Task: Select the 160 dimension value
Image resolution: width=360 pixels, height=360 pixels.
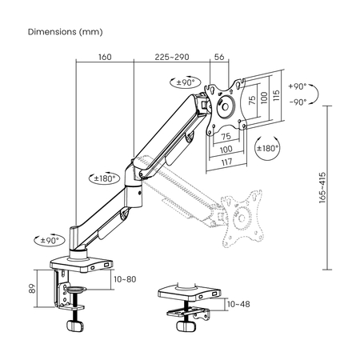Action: pos(104,58)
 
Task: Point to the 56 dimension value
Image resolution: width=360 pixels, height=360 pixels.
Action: pos(220,58)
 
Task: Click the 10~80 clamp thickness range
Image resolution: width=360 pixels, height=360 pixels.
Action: pos(125,279)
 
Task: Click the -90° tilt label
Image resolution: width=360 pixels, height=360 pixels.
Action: pos(298,102)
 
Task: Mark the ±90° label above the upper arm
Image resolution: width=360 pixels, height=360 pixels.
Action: pos(186,81)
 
